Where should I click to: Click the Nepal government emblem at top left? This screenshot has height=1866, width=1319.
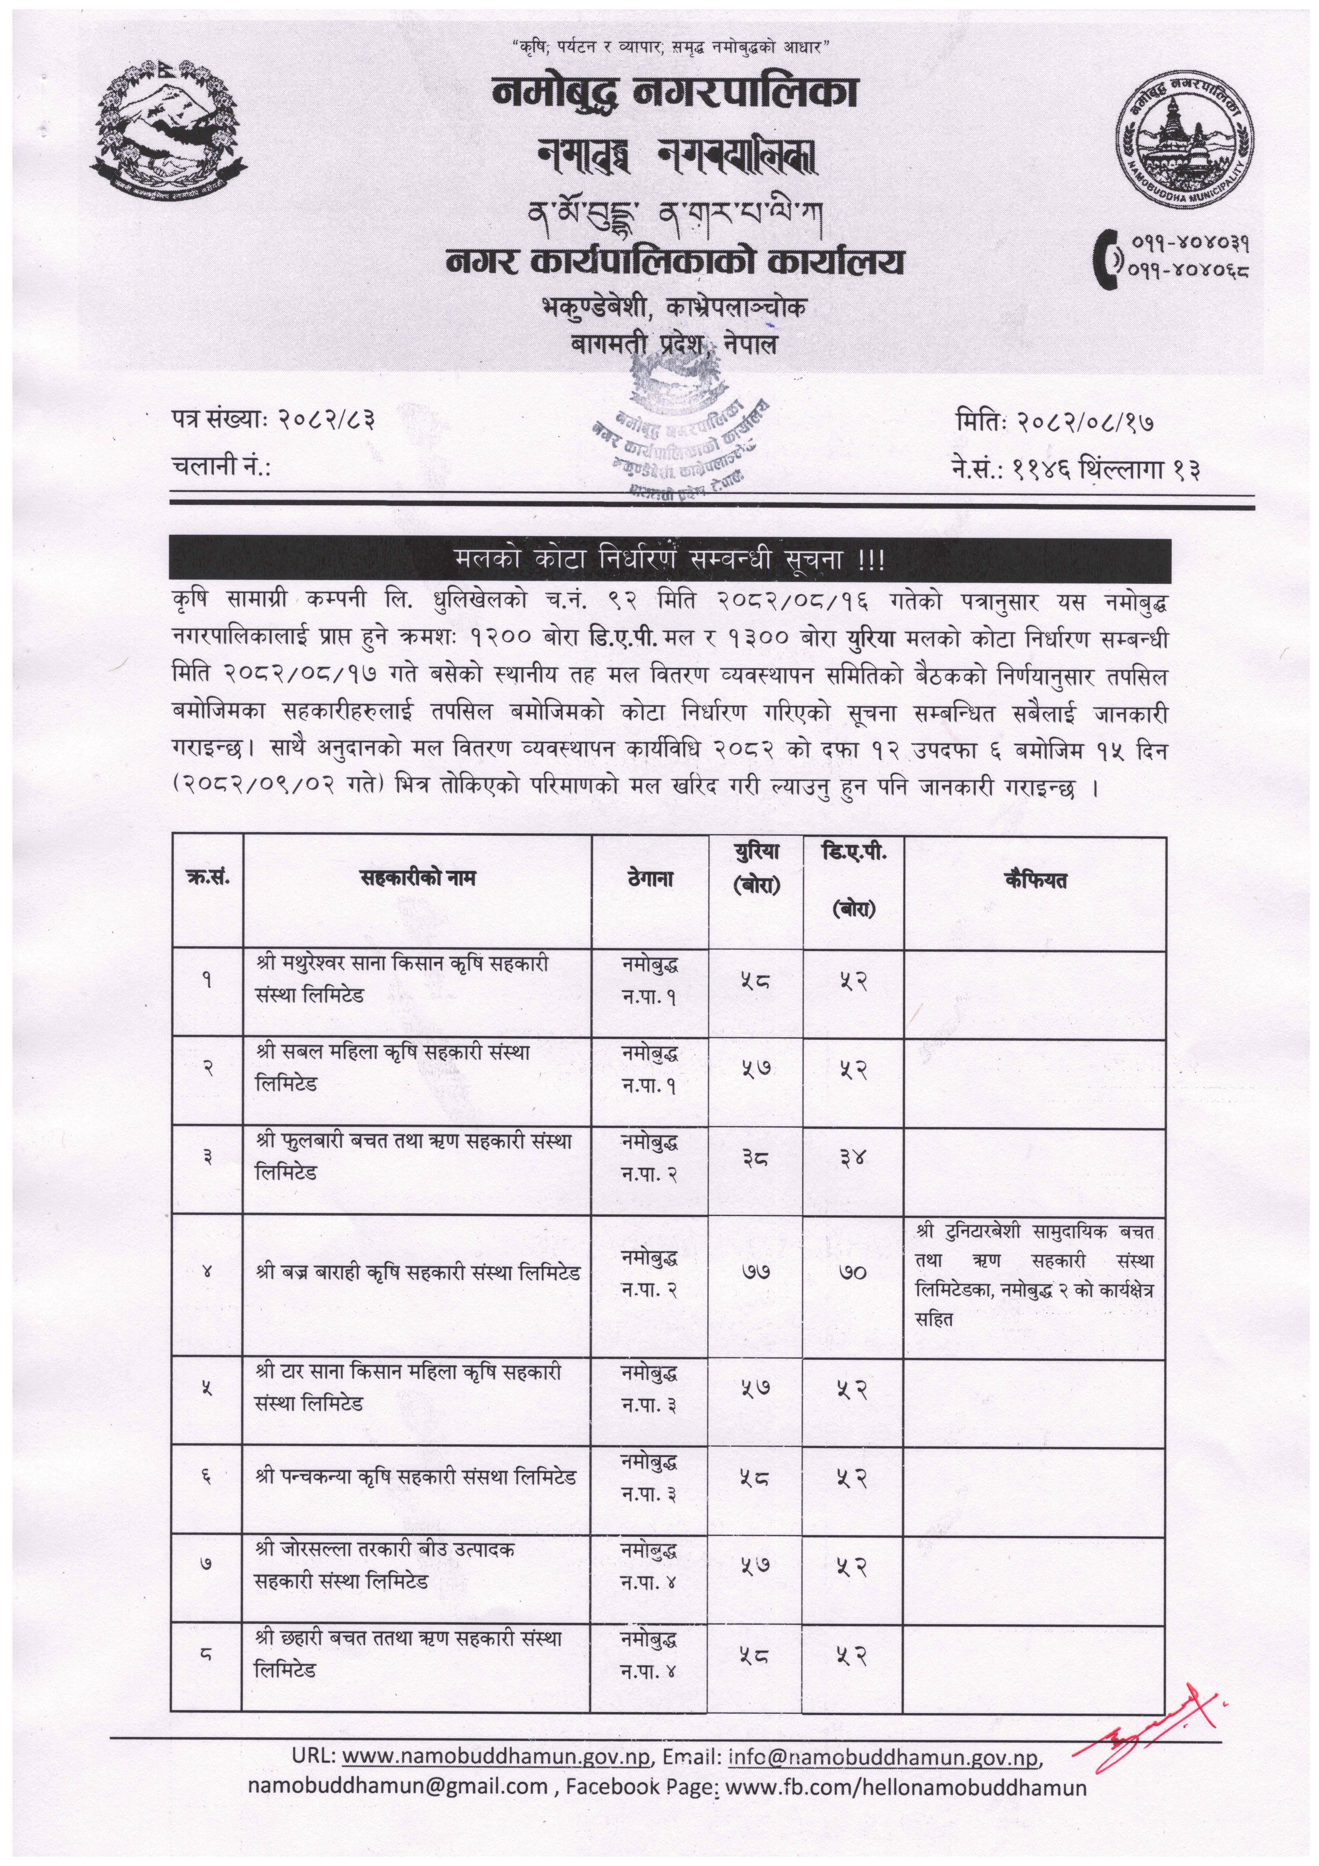[169, 130]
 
